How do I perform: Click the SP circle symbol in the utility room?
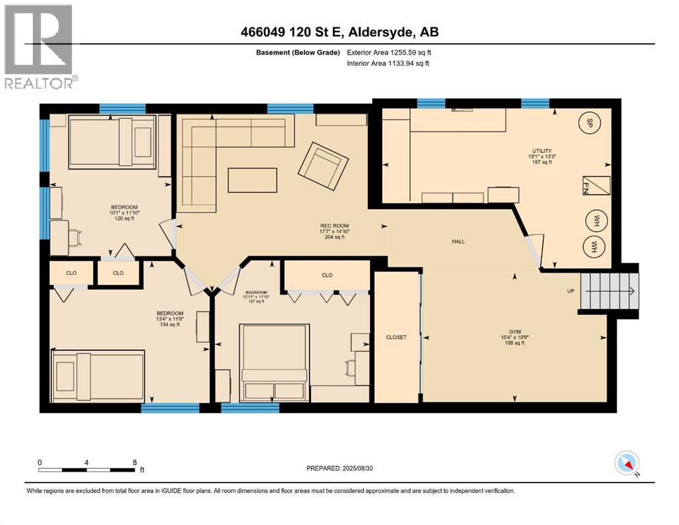pos(587,123)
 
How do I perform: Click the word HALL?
pos(458,241)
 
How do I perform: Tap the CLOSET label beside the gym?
pos(396,337)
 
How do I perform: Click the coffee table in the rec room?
pos(253,180)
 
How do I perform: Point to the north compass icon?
pos(626,464)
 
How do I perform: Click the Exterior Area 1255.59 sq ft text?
pos(390,52)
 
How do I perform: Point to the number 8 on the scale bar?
pos(133,462)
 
